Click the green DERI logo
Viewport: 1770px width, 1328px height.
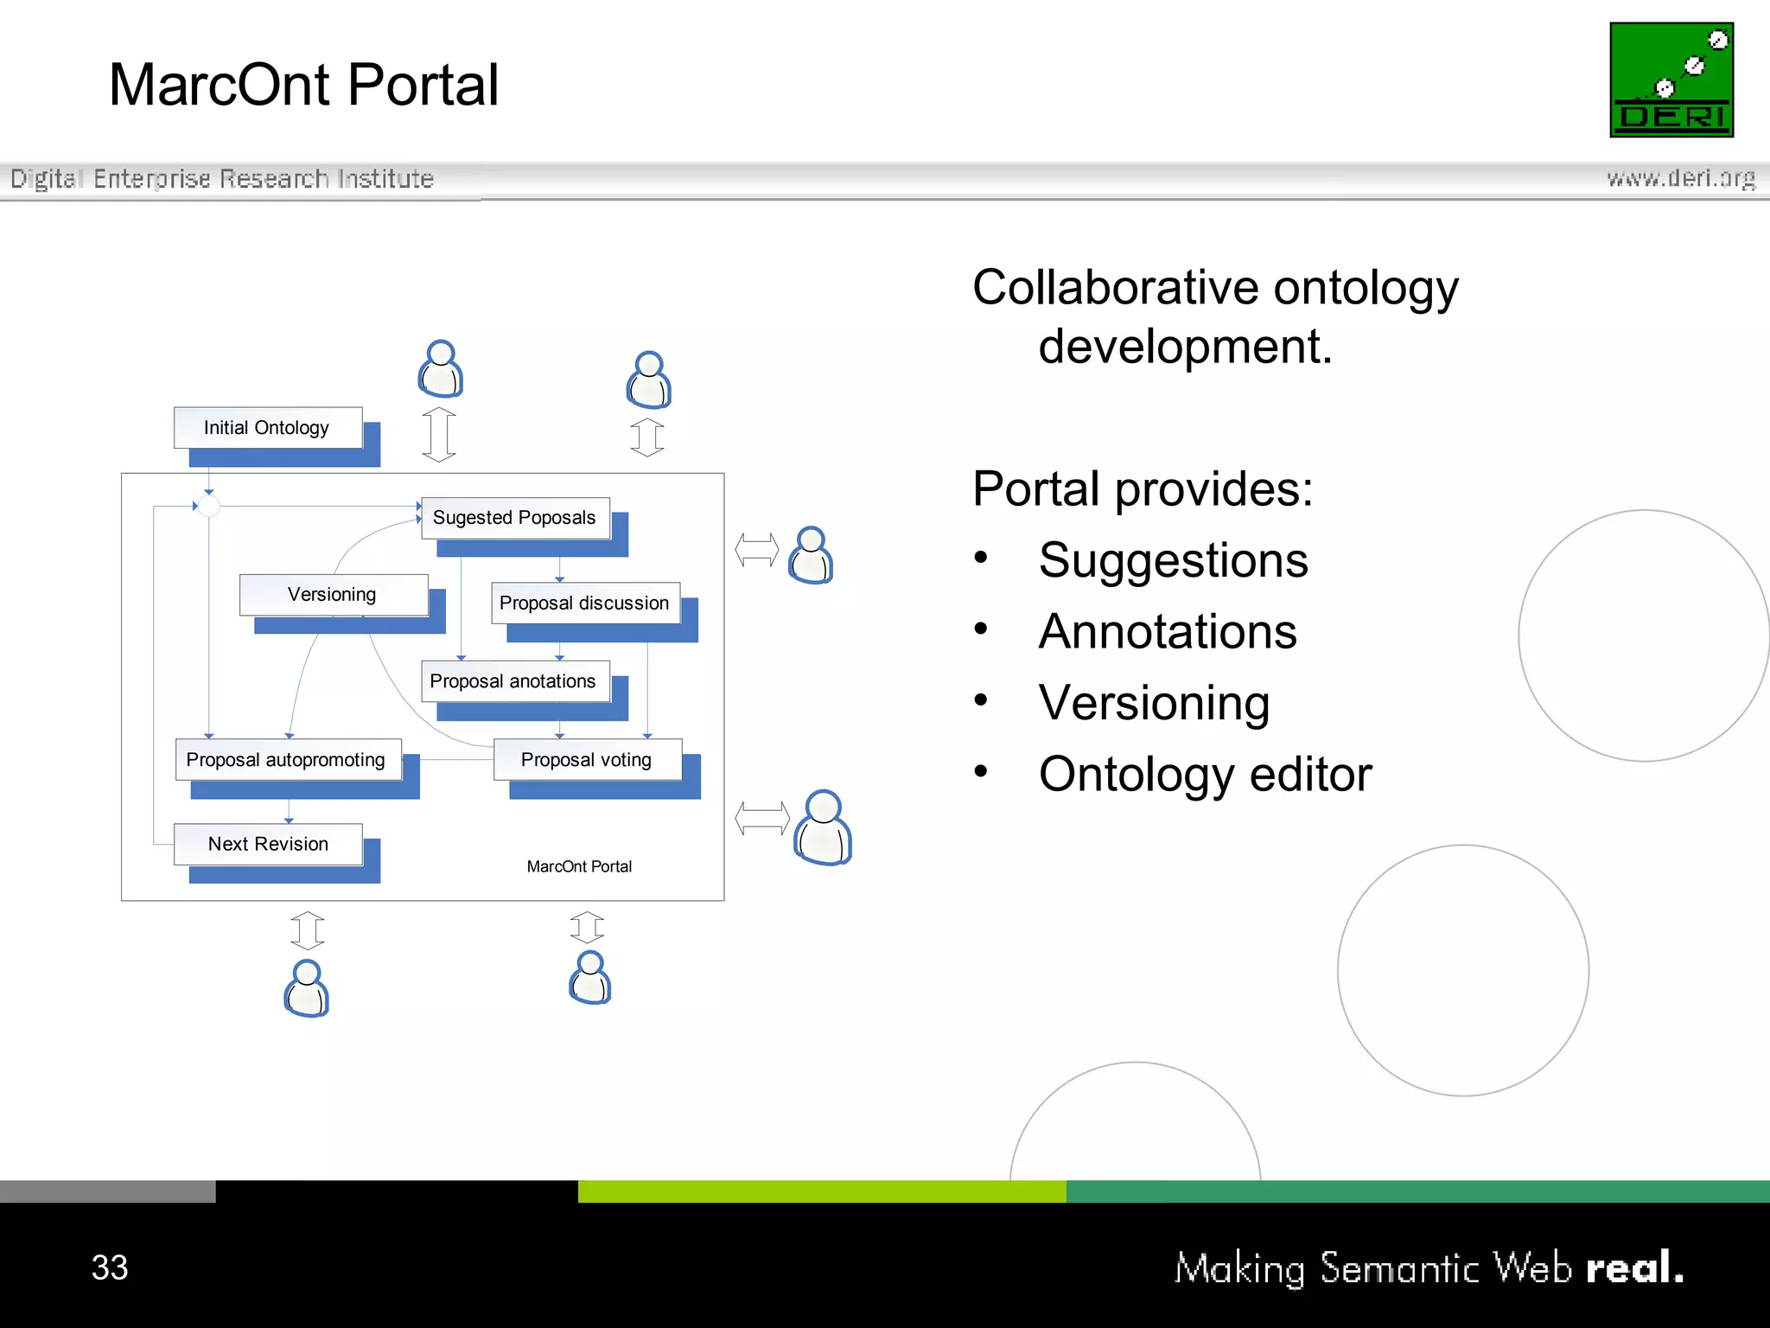tap(1671, 80)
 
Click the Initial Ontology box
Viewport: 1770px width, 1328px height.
tap(267, 428)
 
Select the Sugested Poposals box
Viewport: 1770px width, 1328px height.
tap(514, 518)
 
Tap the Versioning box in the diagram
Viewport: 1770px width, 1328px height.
tap(333, 595)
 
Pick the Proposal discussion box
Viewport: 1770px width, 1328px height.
tap(584, 603)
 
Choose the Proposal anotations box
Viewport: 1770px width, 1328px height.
tap(513, 681)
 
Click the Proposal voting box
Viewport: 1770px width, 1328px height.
tap(587, 760)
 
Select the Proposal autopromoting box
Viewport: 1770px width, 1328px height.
tap(286, 760)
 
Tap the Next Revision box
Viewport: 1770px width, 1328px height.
tap(268, 844)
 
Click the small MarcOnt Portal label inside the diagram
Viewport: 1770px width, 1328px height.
tap(579, 866)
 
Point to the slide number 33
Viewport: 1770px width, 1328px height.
tap(110, 1267)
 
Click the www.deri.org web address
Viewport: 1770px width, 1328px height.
tap(1680, 178)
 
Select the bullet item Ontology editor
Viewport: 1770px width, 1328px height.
tap(1205, 774)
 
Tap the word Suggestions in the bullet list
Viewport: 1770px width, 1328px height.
tap(1173, 560)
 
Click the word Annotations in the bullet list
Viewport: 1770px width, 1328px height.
tap(1168, 631)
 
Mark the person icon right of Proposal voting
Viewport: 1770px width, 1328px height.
tap(823, 827)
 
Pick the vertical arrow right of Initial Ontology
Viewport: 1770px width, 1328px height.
tap(439, 434)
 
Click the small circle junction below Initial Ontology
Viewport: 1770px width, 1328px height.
tap(208, 506)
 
